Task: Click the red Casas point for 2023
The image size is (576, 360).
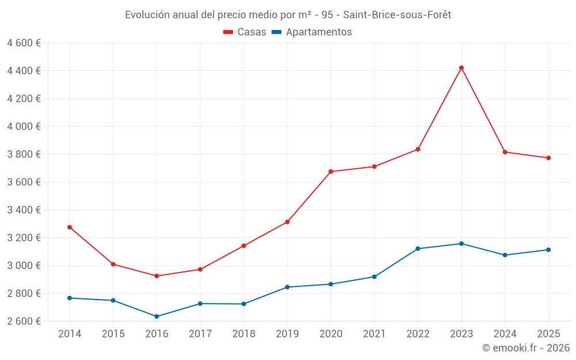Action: [461, 68]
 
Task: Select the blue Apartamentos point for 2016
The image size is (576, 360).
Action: [157, 316]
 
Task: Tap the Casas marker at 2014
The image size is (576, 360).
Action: [70, 227]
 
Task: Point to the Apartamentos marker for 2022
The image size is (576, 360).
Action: [418, 249]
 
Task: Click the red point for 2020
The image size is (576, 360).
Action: [331, 172]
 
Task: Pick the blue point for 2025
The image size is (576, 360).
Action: [548, 250]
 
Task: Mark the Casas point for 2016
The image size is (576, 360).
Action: [157, 276]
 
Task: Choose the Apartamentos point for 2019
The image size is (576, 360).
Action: [287, 287]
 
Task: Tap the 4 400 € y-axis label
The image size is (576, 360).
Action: [24, 71]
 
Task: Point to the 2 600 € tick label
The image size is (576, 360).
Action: [24, 321]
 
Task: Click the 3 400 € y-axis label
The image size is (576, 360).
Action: [24, 210]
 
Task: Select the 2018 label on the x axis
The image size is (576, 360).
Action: [244, 334]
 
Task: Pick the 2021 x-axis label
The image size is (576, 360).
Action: [374, 334]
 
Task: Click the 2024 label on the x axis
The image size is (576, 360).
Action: [505, 334]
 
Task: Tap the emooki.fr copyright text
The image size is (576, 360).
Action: [526, 348]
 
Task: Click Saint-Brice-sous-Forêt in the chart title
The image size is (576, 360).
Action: [397, 15]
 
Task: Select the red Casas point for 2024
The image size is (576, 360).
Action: [505, 152]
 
